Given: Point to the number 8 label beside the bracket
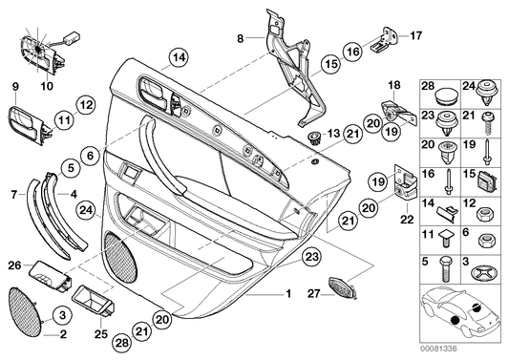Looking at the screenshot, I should pyautogui.click(x=241, y=37).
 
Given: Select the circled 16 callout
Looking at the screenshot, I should pyautogui.click(x=353, y=52).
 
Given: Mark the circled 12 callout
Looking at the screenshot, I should pyautogui.click(x=84, y=102).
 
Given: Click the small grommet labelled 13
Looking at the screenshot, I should pyautogui.click(x=313, y=136).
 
